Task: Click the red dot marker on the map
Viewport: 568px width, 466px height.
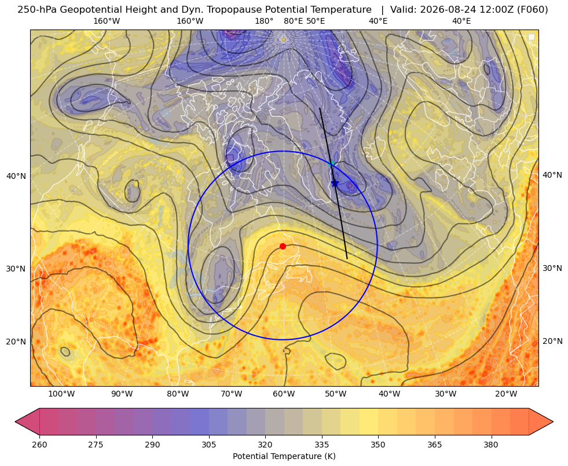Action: tap(283, 246)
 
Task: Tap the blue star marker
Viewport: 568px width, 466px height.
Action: tap(335, 183)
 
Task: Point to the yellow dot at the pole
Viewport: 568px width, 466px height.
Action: tap(284, 39)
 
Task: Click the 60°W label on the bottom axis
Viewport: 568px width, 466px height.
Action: tap(284, 394)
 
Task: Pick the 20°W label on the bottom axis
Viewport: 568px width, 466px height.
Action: tap(506, 394)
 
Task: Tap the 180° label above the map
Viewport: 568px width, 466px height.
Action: tap(264, 21)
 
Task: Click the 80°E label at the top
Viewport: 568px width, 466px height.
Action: tap(293, 21)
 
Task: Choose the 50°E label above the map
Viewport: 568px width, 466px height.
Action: tap(316, 21)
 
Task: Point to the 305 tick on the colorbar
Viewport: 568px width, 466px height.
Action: tap(208, 445)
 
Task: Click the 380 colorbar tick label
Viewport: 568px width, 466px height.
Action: tap(491, 445)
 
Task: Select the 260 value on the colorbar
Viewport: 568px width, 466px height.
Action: tap(39, 445)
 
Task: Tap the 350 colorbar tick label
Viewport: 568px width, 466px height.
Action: tap(378, 445)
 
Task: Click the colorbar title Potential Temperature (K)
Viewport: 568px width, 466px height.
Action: tap(284, 456)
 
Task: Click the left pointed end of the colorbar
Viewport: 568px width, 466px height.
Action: tap(15, 421)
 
